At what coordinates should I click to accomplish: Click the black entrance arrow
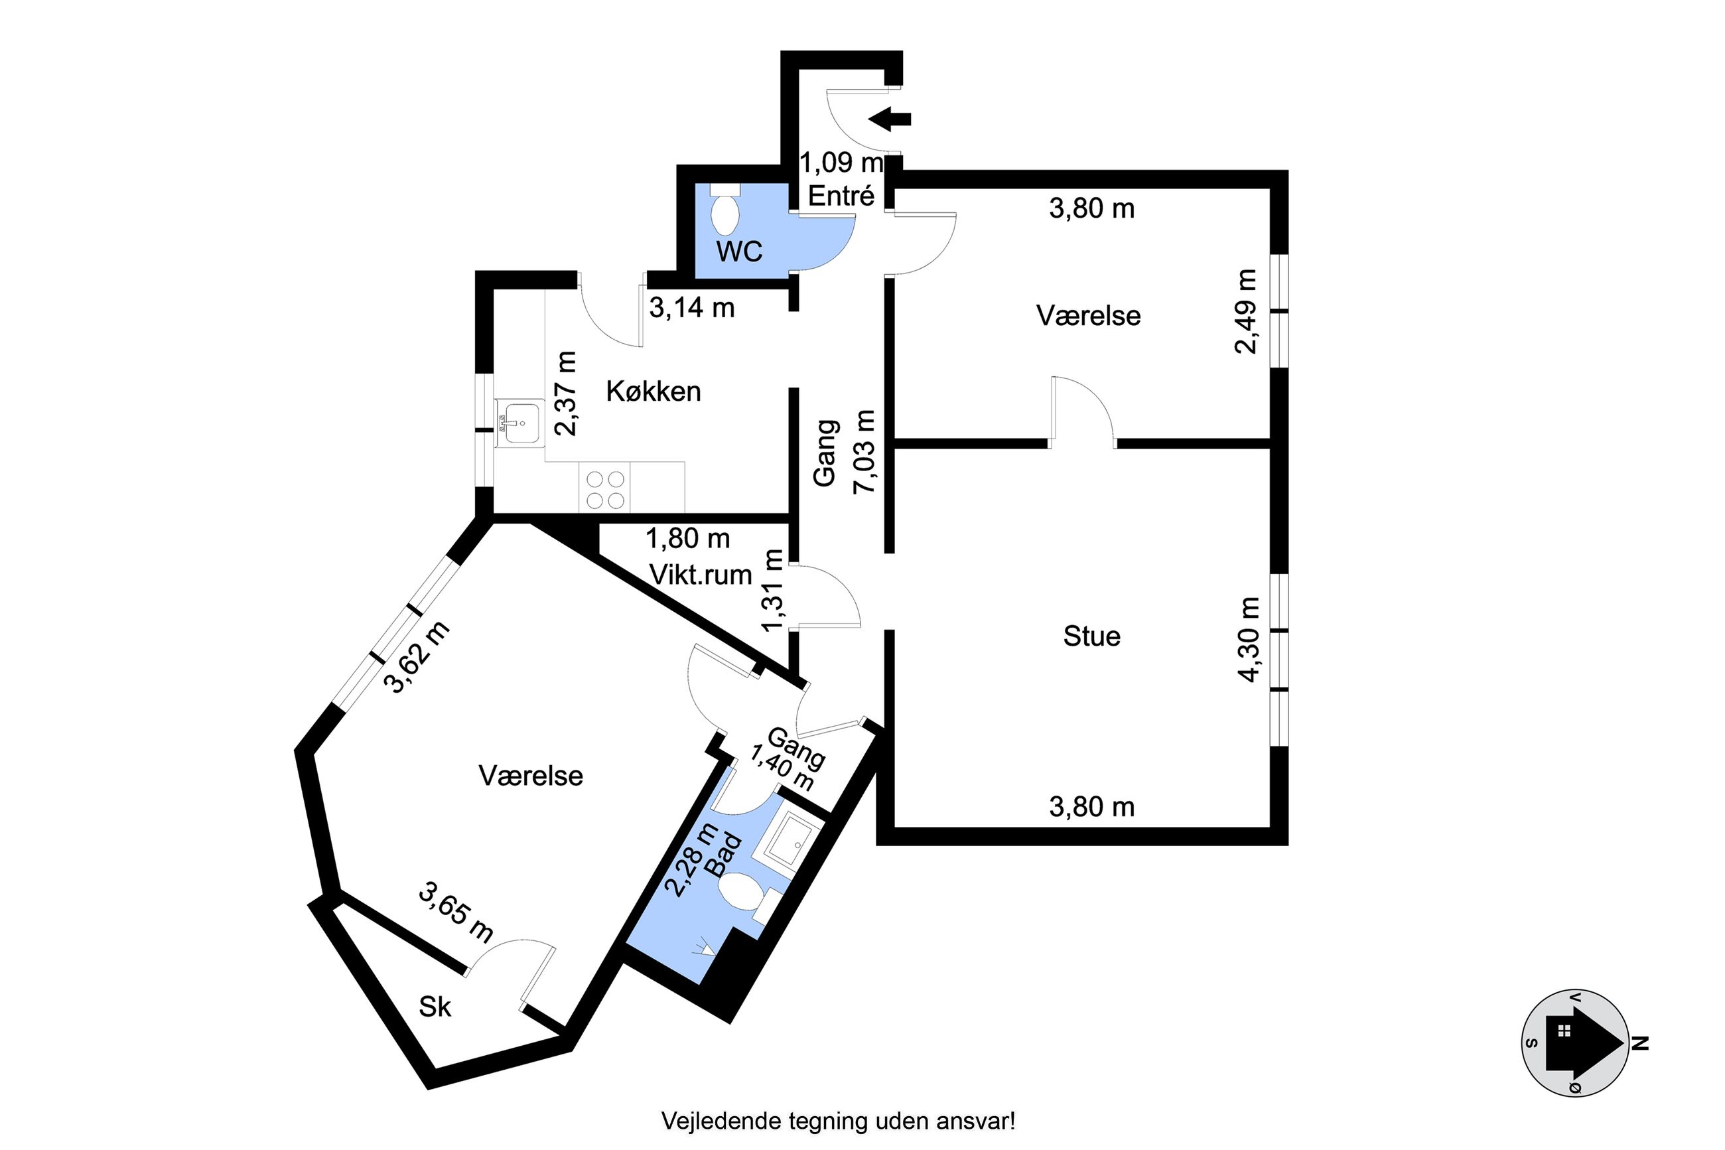click(889, 119)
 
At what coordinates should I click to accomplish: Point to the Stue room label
click(1091, 636)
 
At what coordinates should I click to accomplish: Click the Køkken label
click(654, 392)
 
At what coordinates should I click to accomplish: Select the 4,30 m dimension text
click(1249, 640)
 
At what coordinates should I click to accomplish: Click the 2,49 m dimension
click(1245, 312)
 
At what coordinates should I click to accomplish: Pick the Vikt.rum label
click(701, 575)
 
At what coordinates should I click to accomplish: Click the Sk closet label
click(435, 1007)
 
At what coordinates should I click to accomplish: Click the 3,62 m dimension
click(417, 657)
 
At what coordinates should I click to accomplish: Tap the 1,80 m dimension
click(687, 539)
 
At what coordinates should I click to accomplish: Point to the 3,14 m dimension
click(692, 308)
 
